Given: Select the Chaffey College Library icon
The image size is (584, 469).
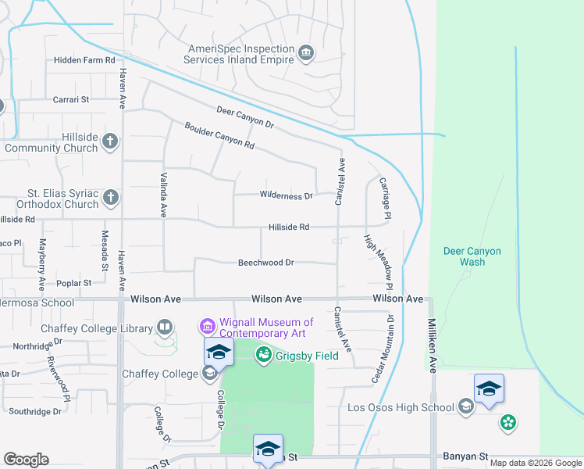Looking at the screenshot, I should tap(165, 326).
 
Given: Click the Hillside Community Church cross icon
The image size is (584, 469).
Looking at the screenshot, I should tap(111, 141).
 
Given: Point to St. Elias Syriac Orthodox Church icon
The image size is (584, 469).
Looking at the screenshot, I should tap(111, 198).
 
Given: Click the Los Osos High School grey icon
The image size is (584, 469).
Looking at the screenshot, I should tap(466, 406).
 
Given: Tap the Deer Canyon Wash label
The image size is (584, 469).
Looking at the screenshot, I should tap(472, 256).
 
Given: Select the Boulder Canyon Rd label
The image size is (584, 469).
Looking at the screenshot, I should tap(219, 135).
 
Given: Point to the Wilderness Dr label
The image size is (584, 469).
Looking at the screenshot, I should tap(286, 195).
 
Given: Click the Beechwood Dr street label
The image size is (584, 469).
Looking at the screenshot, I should tap(265, 263).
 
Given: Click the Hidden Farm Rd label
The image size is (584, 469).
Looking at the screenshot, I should tap(84, 59).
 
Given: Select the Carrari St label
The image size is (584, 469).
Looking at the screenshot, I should tap(72, 99).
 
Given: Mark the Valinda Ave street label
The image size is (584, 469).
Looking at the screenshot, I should tap(164, 195).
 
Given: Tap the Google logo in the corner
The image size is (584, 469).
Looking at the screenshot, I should tap(26, 460).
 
